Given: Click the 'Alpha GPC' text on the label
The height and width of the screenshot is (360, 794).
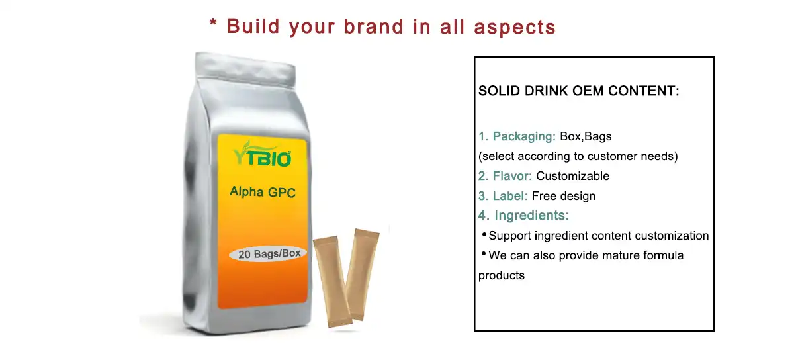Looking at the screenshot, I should [263, 192].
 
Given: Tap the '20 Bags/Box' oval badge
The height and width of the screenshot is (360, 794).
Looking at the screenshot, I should [268, 254].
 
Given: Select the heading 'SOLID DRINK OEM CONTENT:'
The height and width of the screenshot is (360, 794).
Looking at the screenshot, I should [578, 91].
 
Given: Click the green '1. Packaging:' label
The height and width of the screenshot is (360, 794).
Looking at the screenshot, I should [517, 137].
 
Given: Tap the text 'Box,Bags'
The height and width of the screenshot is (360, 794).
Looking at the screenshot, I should [586, 137].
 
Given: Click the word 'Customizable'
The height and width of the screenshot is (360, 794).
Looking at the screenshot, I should [572, 176].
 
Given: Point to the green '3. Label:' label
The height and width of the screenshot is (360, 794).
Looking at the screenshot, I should [503, 196].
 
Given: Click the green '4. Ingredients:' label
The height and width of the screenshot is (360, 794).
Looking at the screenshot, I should [523, 216].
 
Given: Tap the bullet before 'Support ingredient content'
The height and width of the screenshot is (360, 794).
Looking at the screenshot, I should [484, 234].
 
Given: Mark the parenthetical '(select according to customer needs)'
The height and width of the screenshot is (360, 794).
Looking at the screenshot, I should [578, 157].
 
